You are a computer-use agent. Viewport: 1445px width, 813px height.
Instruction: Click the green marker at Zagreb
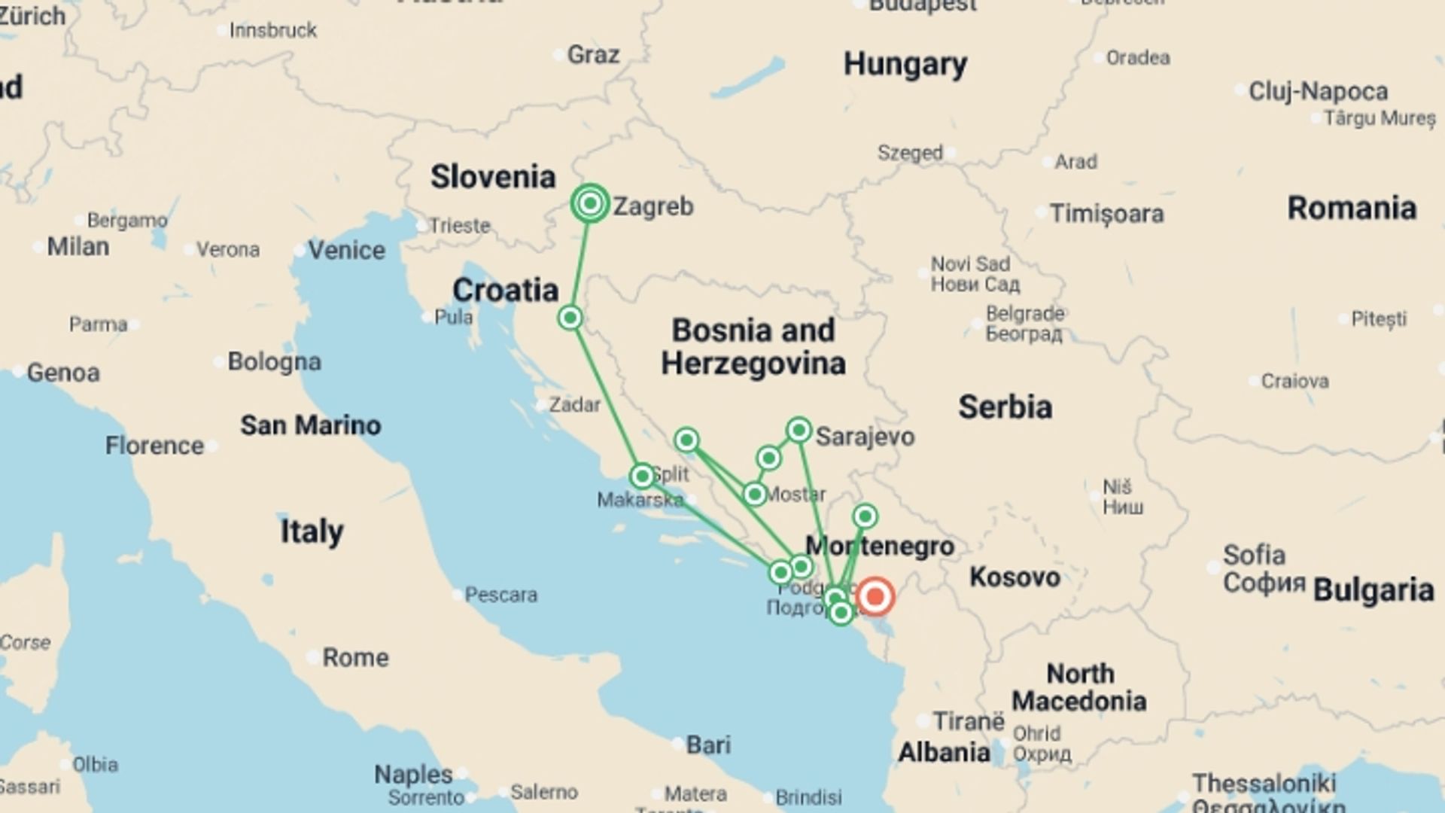(x=590, y=203)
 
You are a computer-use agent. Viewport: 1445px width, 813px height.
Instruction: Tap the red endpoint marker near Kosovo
(x=875, y=596)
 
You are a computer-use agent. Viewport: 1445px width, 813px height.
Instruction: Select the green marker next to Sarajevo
(x=799, y=430)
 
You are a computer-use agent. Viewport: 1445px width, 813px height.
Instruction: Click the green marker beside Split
(x=642, y=476)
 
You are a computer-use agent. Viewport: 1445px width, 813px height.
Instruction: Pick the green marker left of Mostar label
(x=754, y=494)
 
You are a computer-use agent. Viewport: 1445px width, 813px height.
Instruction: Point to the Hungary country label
(x=905, y=64)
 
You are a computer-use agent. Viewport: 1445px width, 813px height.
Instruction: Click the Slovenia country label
(x=493, y=177)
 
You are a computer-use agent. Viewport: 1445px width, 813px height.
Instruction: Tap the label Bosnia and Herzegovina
(x=753, y=346)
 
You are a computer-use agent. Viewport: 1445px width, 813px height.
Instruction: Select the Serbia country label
(x=1005, y=407)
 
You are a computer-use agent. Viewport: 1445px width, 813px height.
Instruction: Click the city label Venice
(x=346, y=250)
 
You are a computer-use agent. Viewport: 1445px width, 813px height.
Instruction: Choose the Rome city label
(x=355, y=657)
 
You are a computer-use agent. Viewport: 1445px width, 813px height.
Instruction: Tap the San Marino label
(x=310, y=425)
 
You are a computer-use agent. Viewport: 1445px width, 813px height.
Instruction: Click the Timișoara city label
(x=1106, y=214)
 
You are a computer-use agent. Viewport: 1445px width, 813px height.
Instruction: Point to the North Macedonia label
(x=1078, y=687)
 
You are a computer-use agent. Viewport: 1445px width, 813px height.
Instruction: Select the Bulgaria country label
(x=1373, y=590)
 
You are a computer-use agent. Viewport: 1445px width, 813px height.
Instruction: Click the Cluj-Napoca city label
(x=1318, y=91)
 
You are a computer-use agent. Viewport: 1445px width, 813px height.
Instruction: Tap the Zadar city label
(x=574, y=405)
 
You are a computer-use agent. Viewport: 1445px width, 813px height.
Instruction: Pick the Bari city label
(x=707, y=744)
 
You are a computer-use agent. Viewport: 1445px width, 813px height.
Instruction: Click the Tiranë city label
(x=968, y=721)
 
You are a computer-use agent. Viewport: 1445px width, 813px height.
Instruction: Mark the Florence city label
(x=154, y=446)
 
